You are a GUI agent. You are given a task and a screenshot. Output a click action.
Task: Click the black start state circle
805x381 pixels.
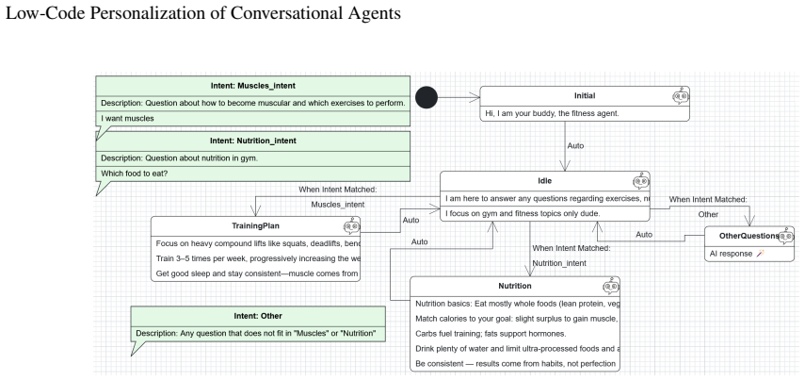[427, 97]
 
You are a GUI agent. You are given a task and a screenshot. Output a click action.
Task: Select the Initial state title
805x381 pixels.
[585, 95]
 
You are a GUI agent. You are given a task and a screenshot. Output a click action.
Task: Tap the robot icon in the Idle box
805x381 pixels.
[641, 181]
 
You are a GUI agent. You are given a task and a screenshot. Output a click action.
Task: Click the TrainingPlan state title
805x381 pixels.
[256, 225]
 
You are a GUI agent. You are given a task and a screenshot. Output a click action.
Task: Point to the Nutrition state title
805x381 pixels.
[515, 286]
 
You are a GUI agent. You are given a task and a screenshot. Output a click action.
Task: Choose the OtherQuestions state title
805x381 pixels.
[749, 236]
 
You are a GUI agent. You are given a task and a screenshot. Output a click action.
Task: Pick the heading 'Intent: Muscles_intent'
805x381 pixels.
[253, 86]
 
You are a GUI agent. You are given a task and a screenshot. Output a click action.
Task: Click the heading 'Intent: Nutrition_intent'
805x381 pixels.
[253, 141]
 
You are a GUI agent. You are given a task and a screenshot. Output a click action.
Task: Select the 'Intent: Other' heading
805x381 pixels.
[258, 316]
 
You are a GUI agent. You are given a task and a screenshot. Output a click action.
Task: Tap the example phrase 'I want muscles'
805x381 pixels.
[127, 118]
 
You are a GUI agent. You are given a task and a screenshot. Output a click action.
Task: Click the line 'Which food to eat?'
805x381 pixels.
[135, 174]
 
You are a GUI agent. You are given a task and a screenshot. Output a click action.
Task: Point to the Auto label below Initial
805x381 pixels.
[575, 145]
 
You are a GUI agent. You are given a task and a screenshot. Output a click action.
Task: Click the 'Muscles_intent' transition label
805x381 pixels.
[338, 205]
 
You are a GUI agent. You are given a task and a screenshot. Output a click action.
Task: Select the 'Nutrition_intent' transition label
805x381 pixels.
[559, 263]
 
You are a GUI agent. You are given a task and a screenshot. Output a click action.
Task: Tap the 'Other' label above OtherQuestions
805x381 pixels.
[708, 214]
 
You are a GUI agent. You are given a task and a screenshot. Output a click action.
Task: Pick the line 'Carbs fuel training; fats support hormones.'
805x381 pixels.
[491, 334]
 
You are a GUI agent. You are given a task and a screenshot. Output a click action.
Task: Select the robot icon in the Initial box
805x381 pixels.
[681, 96]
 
